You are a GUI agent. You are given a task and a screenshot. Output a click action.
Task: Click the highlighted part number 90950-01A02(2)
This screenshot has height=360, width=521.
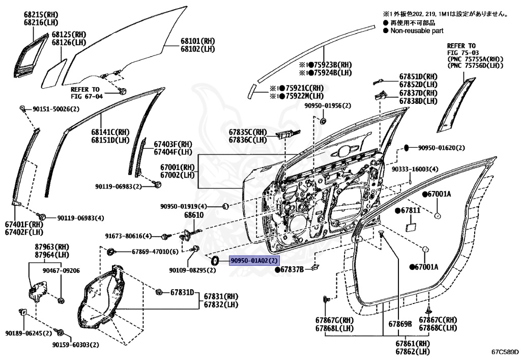click(254, 261)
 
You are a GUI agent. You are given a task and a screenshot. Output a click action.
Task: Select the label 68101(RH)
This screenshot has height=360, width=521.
click(198, 41)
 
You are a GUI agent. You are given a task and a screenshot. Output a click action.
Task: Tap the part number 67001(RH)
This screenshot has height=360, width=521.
click(178, 167)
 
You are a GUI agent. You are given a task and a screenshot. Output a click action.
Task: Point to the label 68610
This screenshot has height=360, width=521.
click(194, 215)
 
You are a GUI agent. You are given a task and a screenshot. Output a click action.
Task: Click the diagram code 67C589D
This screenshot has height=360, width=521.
click(505, 352)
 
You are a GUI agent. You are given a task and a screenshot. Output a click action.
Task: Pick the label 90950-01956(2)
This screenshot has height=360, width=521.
click(328, 105)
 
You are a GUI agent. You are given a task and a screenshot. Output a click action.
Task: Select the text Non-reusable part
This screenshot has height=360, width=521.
click(417, 31)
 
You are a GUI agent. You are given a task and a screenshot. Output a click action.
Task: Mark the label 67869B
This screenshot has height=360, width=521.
click(400, 324)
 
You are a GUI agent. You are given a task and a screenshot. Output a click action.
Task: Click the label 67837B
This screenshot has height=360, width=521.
click(291, 269)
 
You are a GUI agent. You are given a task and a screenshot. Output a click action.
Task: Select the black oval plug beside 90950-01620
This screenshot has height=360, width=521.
click(407, 148)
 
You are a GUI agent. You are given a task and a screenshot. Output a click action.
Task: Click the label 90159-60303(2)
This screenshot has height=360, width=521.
click(75, 345)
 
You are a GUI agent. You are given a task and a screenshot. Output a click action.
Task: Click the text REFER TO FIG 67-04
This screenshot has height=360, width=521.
click(86, 92)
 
